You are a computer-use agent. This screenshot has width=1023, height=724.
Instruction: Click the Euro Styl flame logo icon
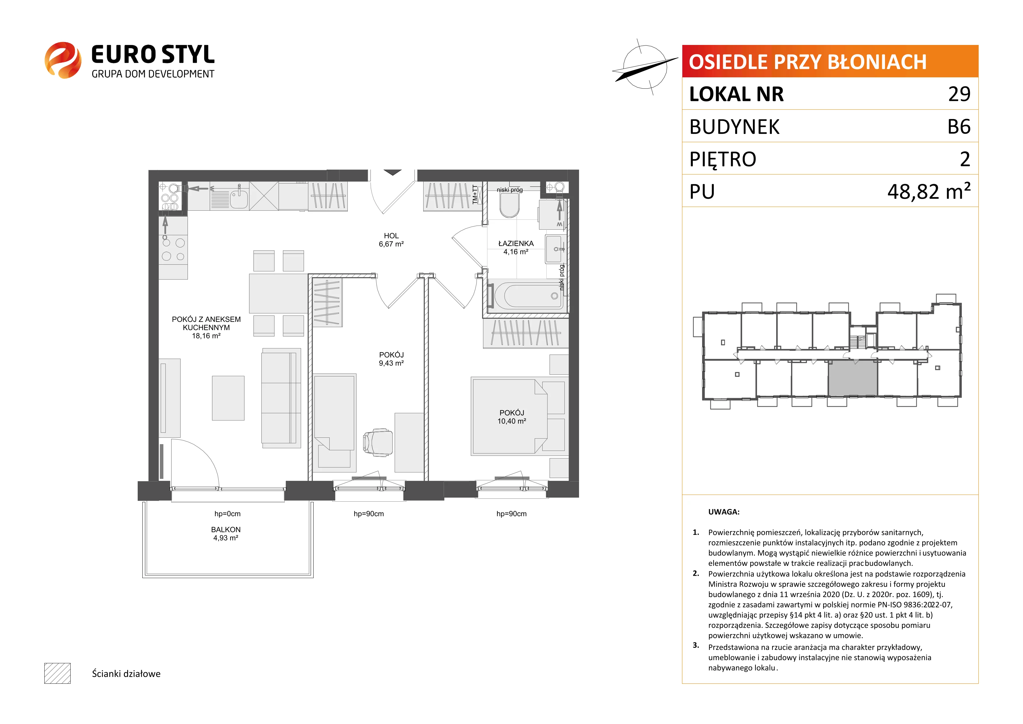[x=63, y=60]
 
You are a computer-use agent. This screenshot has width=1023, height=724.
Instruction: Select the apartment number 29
[x=959, y=94]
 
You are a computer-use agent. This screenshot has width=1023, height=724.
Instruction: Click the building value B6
[x=959, y=127]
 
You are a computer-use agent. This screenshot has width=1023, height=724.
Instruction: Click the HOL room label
[x=391, y=236]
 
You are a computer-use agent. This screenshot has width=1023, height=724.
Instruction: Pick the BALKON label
[x=226, y=529]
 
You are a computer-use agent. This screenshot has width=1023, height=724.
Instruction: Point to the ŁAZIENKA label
[x=516, y=243]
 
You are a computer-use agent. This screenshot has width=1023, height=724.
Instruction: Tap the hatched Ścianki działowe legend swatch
[x=57, y=673]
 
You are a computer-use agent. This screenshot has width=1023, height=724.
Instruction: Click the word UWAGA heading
[x=724, y=512]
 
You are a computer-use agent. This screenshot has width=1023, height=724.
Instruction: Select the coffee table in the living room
[x=228, y=398]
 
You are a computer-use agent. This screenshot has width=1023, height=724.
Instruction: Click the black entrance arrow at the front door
[x=392, y=172]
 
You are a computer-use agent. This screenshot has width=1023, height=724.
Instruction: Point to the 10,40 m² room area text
[x=512, y=421]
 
